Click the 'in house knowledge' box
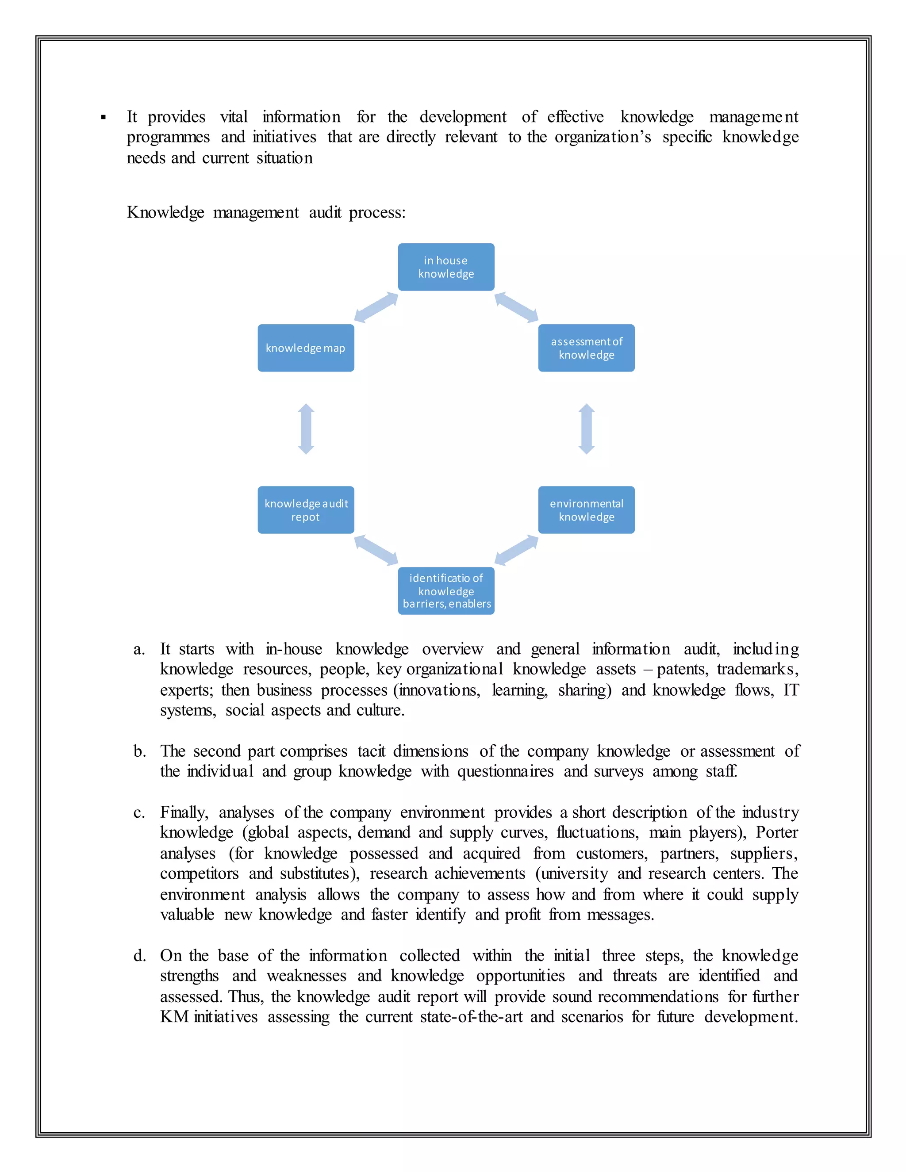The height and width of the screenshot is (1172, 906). click(446, 267)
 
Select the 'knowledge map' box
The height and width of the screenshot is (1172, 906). click(305, 348)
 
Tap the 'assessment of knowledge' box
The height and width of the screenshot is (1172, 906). click(586, 348)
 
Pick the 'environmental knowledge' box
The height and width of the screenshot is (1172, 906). click(586, 510)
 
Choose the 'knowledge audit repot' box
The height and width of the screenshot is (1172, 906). click(305, 510)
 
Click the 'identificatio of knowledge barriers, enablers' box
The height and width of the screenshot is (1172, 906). click(446, 590)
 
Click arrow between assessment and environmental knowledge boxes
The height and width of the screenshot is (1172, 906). click(587, 429)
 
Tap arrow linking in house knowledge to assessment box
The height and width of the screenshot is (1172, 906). click(516, 307)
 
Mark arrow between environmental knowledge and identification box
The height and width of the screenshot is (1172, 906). click(516, 550)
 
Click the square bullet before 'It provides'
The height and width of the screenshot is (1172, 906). click(104, 118)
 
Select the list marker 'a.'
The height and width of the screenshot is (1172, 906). click(139, 649)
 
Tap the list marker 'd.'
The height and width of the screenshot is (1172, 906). click(139, 956)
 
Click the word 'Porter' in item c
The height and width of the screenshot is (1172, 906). click(777, 832)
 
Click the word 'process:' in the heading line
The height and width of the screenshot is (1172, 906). click(377, 213)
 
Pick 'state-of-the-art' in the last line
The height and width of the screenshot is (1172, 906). click(471, 1017)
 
